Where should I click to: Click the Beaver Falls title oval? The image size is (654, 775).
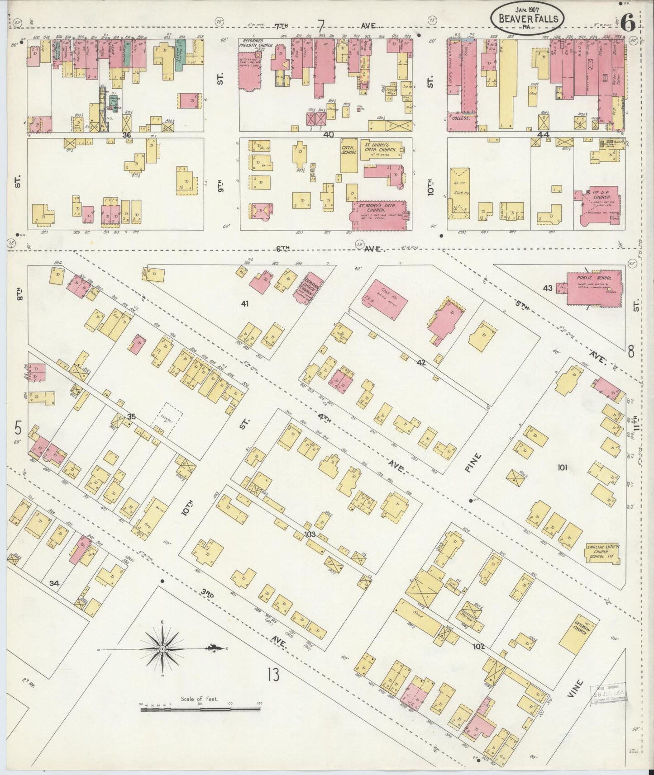pyautogui.click(x=527, y=18)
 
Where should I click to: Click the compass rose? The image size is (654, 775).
pyautogui.click(x=162, y=649)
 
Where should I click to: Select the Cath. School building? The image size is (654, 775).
pyautogui.click(x=349, y=155)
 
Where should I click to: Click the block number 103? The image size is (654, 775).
pyautogui.click(x=310, y=534)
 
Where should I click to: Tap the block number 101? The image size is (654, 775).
pyautogui.click(x=562, y=468)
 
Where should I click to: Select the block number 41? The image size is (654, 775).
pyautogui.click(x=245, y=304)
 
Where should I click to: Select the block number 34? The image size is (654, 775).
pyautogui.click(x=54, y=583)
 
